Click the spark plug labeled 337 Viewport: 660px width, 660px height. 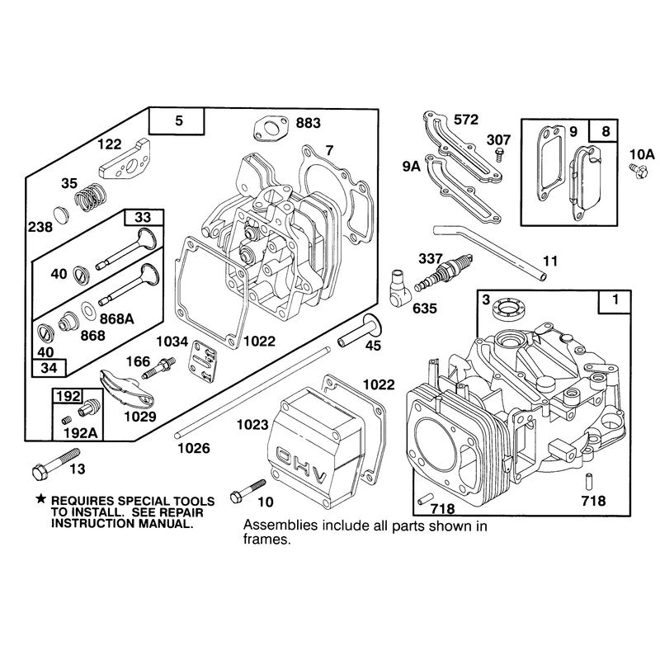[442, 272]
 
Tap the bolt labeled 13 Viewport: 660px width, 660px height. [55, 464]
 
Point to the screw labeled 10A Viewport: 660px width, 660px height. [638, 172]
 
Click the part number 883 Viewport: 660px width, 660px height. [308, 123]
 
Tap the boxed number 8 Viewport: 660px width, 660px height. [606, 131]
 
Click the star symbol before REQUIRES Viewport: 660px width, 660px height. [40, 499]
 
